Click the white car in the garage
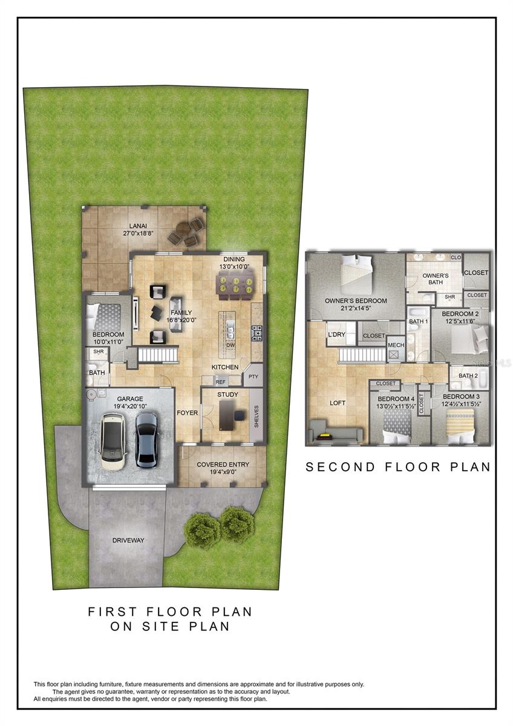113,441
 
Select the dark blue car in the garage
146,439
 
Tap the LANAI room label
138,226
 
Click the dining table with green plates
235,286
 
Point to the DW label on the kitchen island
230,345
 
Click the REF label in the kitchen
220,382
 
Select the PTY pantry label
253,376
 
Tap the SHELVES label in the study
256,416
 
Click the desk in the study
226,415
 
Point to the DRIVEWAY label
128,540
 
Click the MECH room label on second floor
396,345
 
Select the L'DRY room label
336,334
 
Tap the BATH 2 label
468,376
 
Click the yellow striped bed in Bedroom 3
460,426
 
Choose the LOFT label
338,403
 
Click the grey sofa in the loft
335,430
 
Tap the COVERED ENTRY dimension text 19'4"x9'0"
223,472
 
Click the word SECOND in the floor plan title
340,467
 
